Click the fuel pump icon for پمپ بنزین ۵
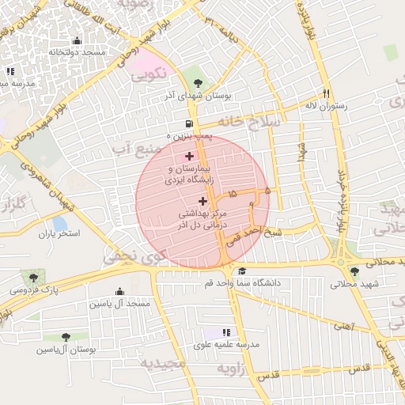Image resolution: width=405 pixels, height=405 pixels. pyautogui.click(x=188, y=123)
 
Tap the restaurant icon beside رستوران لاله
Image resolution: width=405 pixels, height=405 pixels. pyautogui.click(x=325, y=92)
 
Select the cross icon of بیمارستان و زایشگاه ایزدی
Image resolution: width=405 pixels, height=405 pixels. pyautogui.click(x=188, y=156)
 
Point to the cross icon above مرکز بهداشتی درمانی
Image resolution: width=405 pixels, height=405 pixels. pyautogui.click(x=202, y=201)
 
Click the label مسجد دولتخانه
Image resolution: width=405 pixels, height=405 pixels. pyautogui.click(x=77, y=52)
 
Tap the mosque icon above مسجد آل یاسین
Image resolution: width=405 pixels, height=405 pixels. pyautogui.click(x=119, y=291)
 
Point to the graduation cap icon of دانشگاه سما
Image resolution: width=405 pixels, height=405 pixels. pyautogui.click(x=241, y=271)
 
